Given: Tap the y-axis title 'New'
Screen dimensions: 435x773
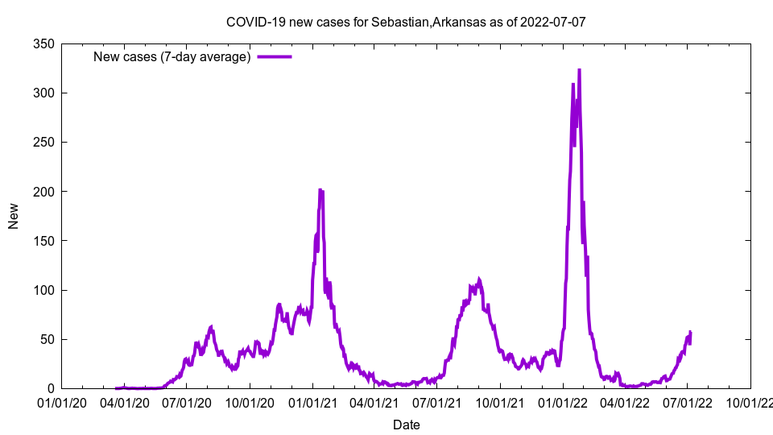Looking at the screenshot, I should [x=14, y=216].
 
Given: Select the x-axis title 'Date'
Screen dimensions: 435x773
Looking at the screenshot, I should [x=406, y=425].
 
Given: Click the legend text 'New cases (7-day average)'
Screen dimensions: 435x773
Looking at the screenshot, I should [x=172, y=56].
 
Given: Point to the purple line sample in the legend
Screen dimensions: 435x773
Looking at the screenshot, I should [x=274, y=56].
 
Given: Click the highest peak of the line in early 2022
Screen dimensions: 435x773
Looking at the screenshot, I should [x=579, y=70].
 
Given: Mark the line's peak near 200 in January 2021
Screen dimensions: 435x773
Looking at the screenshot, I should [x=320, y=190].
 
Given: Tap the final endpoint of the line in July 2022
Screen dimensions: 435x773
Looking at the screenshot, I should [x=690, y=333].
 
